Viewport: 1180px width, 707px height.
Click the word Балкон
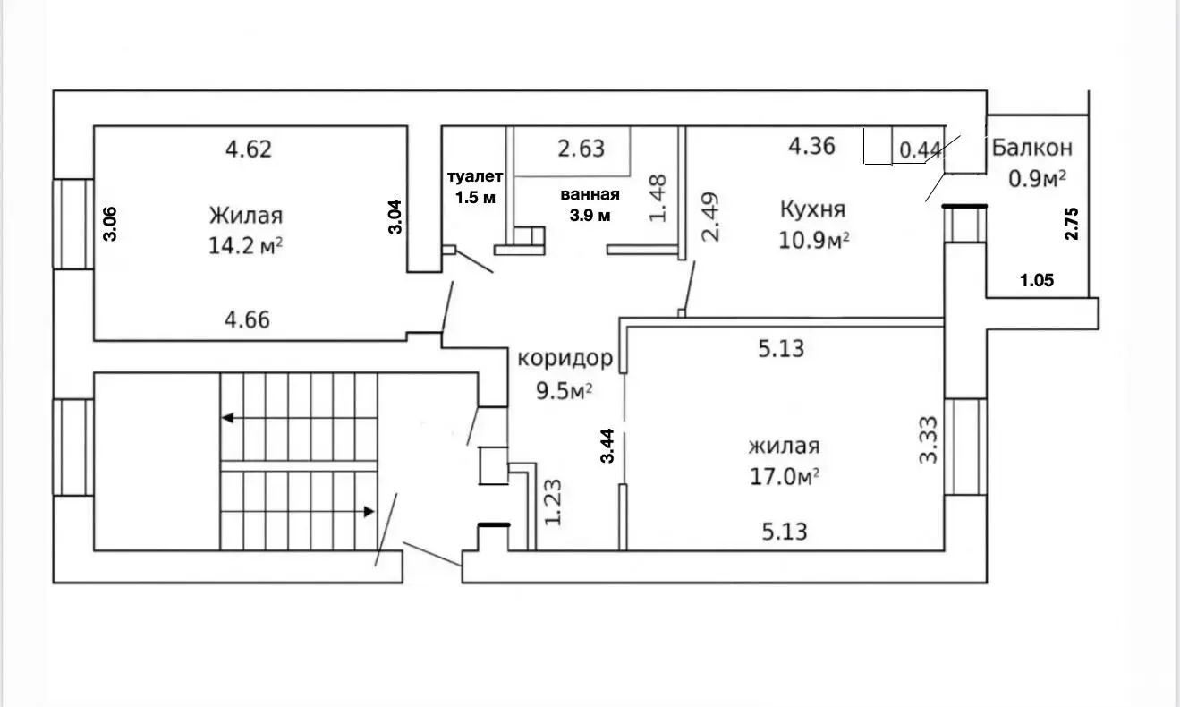tap(1032, 148)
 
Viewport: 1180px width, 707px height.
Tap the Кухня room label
tap(813, 209)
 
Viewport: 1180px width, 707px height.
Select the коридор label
tap(565, 358)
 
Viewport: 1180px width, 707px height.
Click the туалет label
tap(475, 176)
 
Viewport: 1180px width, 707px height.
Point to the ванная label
tap(590, 194)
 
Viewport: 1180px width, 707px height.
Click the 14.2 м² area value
tap(245, 245)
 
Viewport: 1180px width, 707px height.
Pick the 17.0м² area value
tap(785, 477)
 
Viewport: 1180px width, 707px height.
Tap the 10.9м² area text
tap(814, 241)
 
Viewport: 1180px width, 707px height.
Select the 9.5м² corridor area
tap(565, 391)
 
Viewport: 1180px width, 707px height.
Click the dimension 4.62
tap(249, 149)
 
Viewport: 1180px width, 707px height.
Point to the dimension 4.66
tap(247, 319)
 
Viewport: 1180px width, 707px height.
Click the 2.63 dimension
tap(581, 149)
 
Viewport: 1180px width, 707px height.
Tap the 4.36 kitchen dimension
tap(811, 146)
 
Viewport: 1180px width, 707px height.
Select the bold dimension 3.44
tap(607, 446)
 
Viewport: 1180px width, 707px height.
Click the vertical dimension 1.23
tap(553, 502)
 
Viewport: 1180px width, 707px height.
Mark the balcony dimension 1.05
tap(1037, 280)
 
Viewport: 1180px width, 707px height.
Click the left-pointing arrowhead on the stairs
tap(227, 418)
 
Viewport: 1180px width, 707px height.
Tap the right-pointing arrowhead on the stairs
tap(369, 512)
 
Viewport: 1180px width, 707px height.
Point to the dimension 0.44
tap(920, 150)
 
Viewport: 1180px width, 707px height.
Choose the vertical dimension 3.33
tap(929, 440)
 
